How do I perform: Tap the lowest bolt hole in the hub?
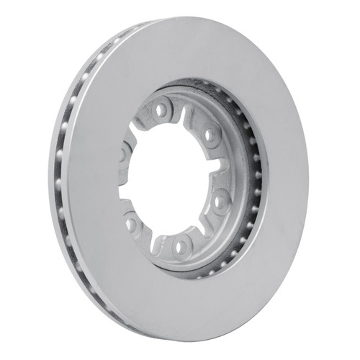coord(181,246)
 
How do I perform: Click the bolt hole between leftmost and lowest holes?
coord(132,222)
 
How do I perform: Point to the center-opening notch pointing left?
coord(127,189)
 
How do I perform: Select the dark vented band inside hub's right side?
coord(253,180)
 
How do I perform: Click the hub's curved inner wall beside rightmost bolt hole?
coord(238,194)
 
